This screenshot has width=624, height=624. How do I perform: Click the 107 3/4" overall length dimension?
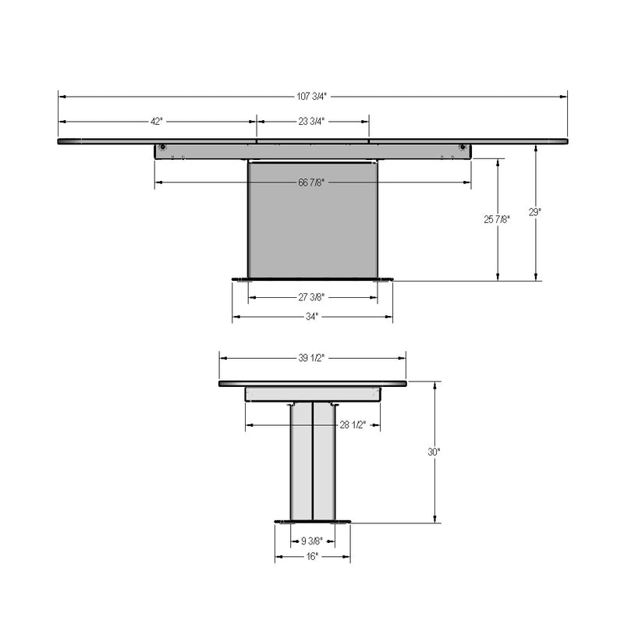pyautogui.click(x=311, y=96)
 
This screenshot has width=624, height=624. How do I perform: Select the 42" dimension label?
pyautogui.click(x=157, y=122)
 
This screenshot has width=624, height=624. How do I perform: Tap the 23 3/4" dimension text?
pyautogui.click(x=311, y=122)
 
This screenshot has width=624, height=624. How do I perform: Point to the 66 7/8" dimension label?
pyautogui.click(x=311, y=183)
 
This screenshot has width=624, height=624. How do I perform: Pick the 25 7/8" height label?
pyautogui.click(x=497, y=219)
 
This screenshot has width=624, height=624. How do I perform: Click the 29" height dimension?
pyautogui.click(x=535, y=212)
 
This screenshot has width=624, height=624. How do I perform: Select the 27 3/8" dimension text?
pyautogui.click(x=311, y=297)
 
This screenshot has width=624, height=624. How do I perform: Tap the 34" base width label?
pyautogui.click(x=312, y=317)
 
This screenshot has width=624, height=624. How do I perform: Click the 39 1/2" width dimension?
pyautogui.click(x=311, y=358)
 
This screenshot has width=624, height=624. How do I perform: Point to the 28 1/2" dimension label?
pyautogui.click(x=353, y=425)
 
